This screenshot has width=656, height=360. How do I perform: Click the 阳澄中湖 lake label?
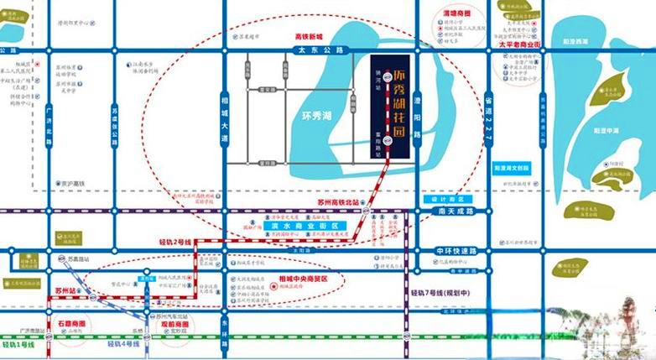click(606, 131)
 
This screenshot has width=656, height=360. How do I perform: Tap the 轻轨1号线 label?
click(18, 345)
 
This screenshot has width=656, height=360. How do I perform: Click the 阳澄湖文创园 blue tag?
click(513, 167)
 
